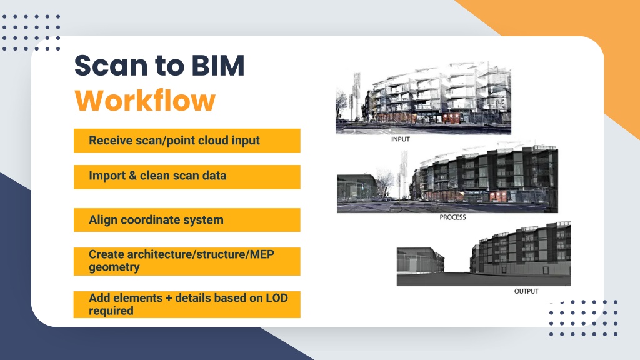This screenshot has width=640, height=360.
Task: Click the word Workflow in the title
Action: coord(145,101)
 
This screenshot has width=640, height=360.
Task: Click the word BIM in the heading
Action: coord(218,65)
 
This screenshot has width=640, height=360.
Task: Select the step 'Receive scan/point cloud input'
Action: coord(187,141)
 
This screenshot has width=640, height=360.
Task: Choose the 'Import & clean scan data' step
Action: coord(187,177)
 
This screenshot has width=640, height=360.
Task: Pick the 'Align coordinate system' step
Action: coord(187,220)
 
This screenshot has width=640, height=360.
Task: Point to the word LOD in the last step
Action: coord(277,298)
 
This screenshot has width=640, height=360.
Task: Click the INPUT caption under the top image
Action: coord(401,139)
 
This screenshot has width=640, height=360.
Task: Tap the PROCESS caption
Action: coord(452,217)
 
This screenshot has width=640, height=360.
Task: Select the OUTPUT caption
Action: coord(526,291)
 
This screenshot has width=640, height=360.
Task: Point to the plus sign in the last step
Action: coord(169,298)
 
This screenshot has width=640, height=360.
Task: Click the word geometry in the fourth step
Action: coord(114,267)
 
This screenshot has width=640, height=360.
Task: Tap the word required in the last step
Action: coord(111,311)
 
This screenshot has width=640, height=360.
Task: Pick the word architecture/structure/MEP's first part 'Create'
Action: coord(106,254)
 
